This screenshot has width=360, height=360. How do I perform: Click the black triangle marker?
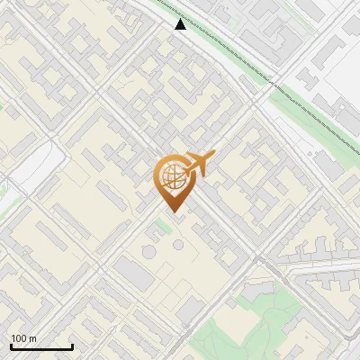[181, 24]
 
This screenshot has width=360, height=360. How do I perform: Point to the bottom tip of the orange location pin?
[171, 211]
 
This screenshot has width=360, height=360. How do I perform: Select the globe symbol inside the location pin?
[170, 177]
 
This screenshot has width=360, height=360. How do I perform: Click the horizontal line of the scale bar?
[41, 346]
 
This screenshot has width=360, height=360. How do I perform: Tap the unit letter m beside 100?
[33, 338]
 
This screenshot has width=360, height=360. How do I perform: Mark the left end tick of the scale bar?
[11, 346]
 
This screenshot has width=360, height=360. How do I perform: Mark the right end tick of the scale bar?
[72, 346]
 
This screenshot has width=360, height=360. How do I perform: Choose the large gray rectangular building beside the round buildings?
[136, 273]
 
